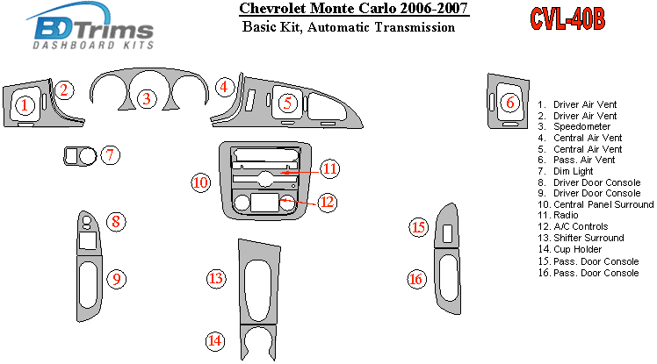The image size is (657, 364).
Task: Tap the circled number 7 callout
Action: pyautogui.click(x=109, y=156)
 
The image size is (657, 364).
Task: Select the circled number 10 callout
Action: pyautogui.click(x=201, y=182)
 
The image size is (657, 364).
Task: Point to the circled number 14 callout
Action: pyautogui.click(x=215, y=340)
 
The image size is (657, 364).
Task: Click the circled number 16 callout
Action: pyautogui.click(x=415, y=280)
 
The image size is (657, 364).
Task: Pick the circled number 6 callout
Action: pyautogui.click(x=509, y=103)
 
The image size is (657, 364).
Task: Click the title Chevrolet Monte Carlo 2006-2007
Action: pyautogui.click(x=353, y=11)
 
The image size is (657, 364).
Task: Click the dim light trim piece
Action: pyautogui.click(x=78, y=157)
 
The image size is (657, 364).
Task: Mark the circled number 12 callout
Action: pyautogui.click(x=327, y=203)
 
